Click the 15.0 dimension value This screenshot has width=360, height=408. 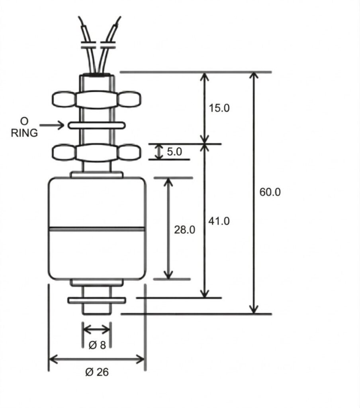[x=219, y=108]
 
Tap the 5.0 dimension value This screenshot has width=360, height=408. [x=174, y=152]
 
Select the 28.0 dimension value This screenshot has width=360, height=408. [x=185, y=229]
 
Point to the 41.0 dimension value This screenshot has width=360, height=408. [x=219, y=221]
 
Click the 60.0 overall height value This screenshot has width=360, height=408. [x=270, y=192]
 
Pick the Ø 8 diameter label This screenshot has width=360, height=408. [x=97, y=345]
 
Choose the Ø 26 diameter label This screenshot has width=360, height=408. [x=97, y=372]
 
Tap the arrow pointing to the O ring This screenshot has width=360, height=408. [x=52, y=126]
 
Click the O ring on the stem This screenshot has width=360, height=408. [x=96, y=126]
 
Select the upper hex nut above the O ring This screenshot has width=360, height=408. [x=96, y=99]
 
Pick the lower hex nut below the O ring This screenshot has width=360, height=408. [x=96, y=153]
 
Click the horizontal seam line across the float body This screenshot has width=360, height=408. [x=96, y=229]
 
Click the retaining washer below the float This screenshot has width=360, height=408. [x=97, y=300]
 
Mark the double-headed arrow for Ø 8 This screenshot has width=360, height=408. [x=96, y=329]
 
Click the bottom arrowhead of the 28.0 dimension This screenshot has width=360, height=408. [x=168, y=275]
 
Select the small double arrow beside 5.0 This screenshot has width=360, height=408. [x=159, y=152]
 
